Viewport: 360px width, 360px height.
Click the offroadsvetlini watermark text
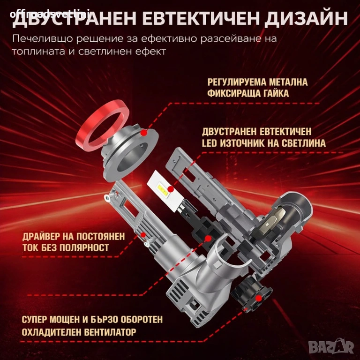(50, 14)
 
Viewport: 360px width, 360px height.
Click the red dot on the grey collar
(144, 133)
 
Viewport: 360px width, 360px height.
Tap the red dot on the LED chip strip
(170, 189)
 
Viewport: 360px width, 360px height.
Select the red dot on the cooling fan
(259, 298)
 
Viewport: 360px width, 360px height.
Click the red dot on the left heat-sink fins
(143, 235)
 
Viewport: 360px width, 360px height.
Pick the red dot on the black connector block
(208, 239)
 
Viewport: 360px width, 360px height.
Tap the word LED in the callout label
(209, 143)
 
